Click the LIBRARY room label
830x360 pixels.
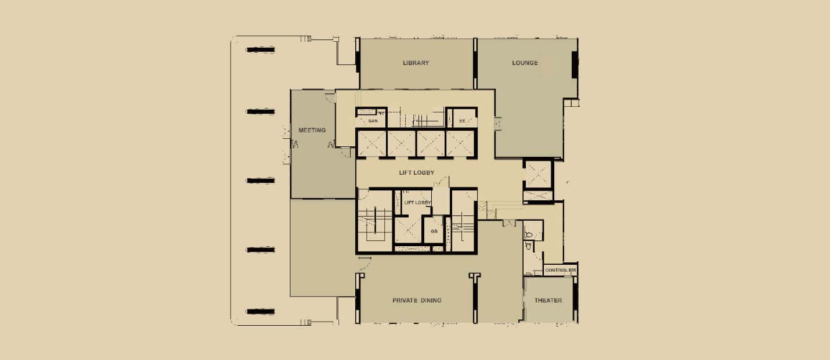click(x=416, y=63)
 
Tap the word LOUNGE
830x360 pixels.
click(x=525, y=63)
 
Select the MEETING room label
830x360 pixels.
click(x=312, y=130)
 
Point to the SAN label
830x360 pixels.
click(x=373, y=121)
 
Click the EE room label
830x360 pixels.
click(x=462, y=121)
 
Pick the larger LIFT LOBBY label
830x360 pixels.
click(x=417, y=172)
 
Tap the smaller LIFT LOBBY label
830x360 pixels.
click(x=417, y=203)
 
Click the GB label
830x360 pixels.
click(x=434, y=231)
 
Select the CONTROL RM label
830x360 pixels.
click(x=560, y=270)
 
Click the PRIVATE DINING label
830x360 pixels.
click(x=417, y=300)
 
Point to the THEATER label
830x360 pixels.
click(x=548, y=300)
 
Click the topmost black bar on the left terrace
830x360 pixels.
click(x=261, y=50)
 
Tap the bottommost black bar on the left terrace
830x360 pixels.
click(x=261, y=311)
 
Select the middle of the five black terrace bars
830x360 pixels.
click(x=261, y=181)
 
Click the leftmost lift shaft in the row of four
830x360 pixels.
click(x=371, y=143)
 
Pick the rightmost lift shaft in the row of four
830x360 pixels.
click(x=460, y=143)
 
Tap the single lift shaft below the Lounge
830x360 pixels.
click(x=538, y=174)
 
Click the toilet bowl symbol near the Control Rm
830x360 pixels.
click(x=529, y=235)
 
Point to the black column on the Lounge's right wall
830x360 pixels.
click(x=575, y=65)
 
